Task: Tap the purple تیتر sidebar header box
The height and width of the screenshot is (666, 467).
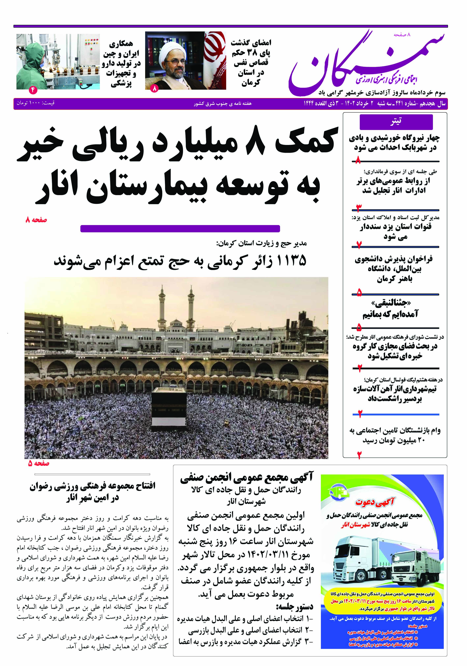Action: (396, 122)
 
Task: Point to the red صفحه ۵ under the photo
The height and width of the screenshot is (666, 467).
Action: (39, 463)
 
